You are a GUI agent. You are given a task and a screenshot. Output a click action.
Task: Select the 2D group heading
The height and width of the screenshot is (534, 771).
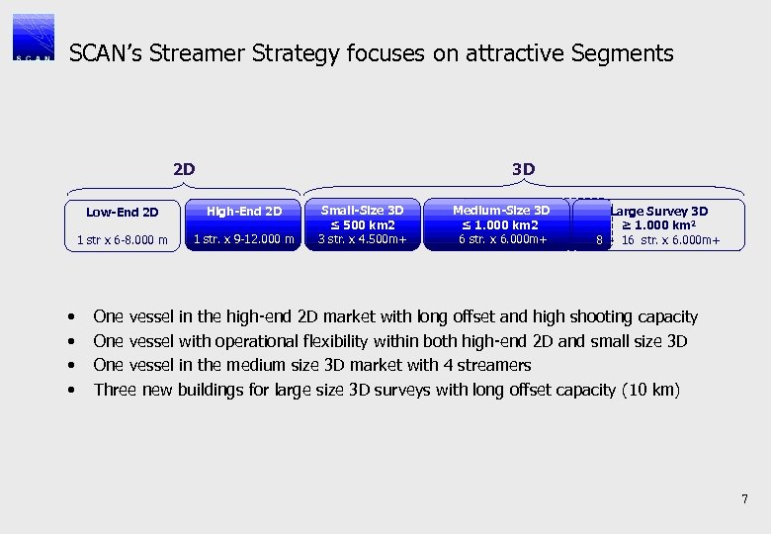(x=184, y=169)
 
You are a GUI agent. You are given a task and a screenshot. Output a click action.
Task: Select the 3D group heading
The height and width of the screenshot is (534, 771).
(x=524, y=169)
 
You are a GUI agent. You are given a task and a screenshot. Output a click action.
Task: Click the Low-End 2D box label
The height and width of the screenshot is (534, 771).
(x=123, y=212)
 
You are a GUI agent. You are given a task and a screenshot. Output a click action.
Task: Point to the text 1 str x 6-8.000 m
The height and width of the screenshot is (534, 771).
(x=123, y=239)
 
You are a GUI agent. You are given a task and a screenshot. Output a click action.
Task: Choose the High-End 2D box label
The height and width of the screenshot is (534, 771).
(x=244, y=212)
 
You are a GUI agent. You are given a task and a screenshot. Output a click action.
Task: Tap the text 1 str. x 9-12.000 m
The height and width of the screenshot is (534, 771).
(x=244, y=238)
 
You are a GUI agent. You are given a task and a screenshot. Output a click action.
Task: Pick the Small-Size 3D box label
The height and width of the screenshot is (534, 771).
(x=363, y=210)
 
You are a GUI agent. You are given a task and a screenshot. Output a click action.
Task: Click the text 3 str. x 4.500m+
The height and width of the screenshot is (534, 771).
(x=363, y=238)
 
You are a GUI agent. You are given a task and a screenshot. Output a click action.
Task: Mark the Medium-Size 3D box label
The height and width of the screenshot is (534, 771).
(x=501, y=210)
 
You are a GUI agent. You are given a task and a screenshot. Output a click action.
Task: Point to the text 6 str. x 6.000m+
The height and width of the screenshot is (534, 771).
(x=501, y=238)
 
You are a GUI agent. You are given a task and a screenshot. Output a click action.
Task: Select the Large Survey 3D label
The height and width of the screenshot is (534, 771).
(x=659, y=211)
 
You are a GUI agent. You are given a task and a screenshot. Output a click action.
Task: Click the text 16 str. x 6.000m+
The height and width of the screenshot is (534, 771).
(x=670, y=239)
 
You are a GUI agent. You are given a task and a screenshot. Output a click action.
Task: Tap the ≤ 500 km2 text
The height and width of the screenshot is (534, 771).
(x=363, y=224)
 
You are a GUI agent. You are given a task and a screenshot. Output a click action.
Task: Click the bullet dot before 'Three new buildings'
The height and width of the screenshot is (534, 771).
(x=72, y=390)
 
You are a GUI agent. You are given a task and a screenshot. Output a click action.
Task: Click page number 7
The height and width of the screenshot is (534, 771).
(x=744, y=498)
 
